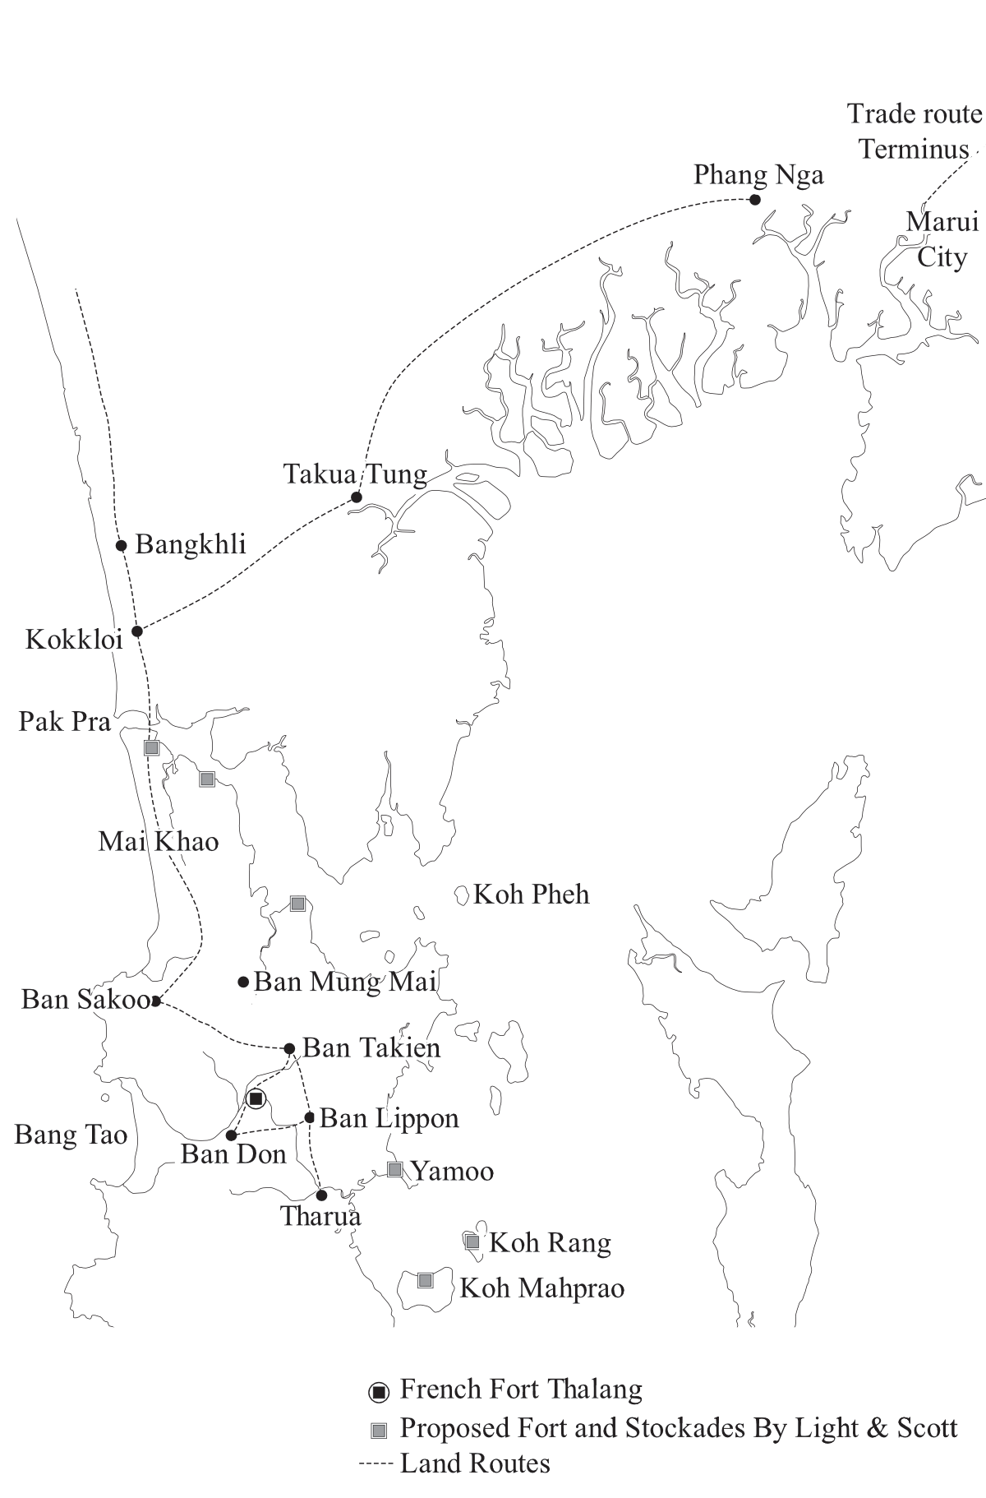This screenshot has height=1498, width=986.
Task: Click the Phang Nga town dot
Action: click(755, 200)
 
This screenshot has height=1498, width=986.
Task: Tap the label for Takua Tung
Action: click(355, 474)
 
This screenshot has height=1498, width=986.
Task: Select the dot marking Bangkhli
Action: click(122, 545)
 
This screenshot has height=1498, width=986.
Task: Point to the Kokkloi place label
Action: click(74, 640)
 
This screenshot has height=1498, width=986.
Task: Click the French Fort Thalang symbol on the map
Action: click(256, 1098)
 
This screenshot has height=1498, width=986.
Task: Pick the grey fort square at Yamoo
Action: click(394, 1169)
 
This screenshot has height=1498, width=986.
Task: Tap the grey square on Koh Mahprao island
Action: click(425, 1280)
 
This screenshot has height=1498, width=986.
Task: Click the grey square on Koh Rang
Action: click(472, 1242)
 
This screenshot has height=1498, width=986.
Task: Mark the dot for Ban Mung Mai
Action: click(243, 982)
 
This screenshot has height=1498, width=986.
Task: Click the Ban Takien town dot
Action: click(289, 1049)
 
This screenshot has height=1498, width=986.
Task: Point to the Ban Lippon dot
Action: click(310, 1117)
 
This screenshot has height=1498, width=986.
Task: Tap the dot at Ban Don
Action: click(231, 1135)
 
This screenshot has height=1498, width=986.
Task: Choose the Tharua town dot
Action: click(321, 1195)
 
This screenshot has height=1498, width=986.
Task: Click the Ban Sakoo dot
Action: click(155, 1001)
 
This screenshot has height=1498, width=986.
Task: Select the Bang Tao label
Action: click(71, 1135)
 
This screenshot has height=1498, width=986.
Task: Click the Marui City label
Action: click(942, 239)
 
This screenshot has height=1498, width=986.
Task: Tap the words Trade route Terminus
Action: click(914, 132)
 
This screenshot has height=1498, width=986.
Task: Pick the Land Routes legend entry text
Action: click(475, 1463)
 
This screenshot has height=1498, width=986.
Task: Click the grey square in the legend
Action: click(379, 1431)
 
